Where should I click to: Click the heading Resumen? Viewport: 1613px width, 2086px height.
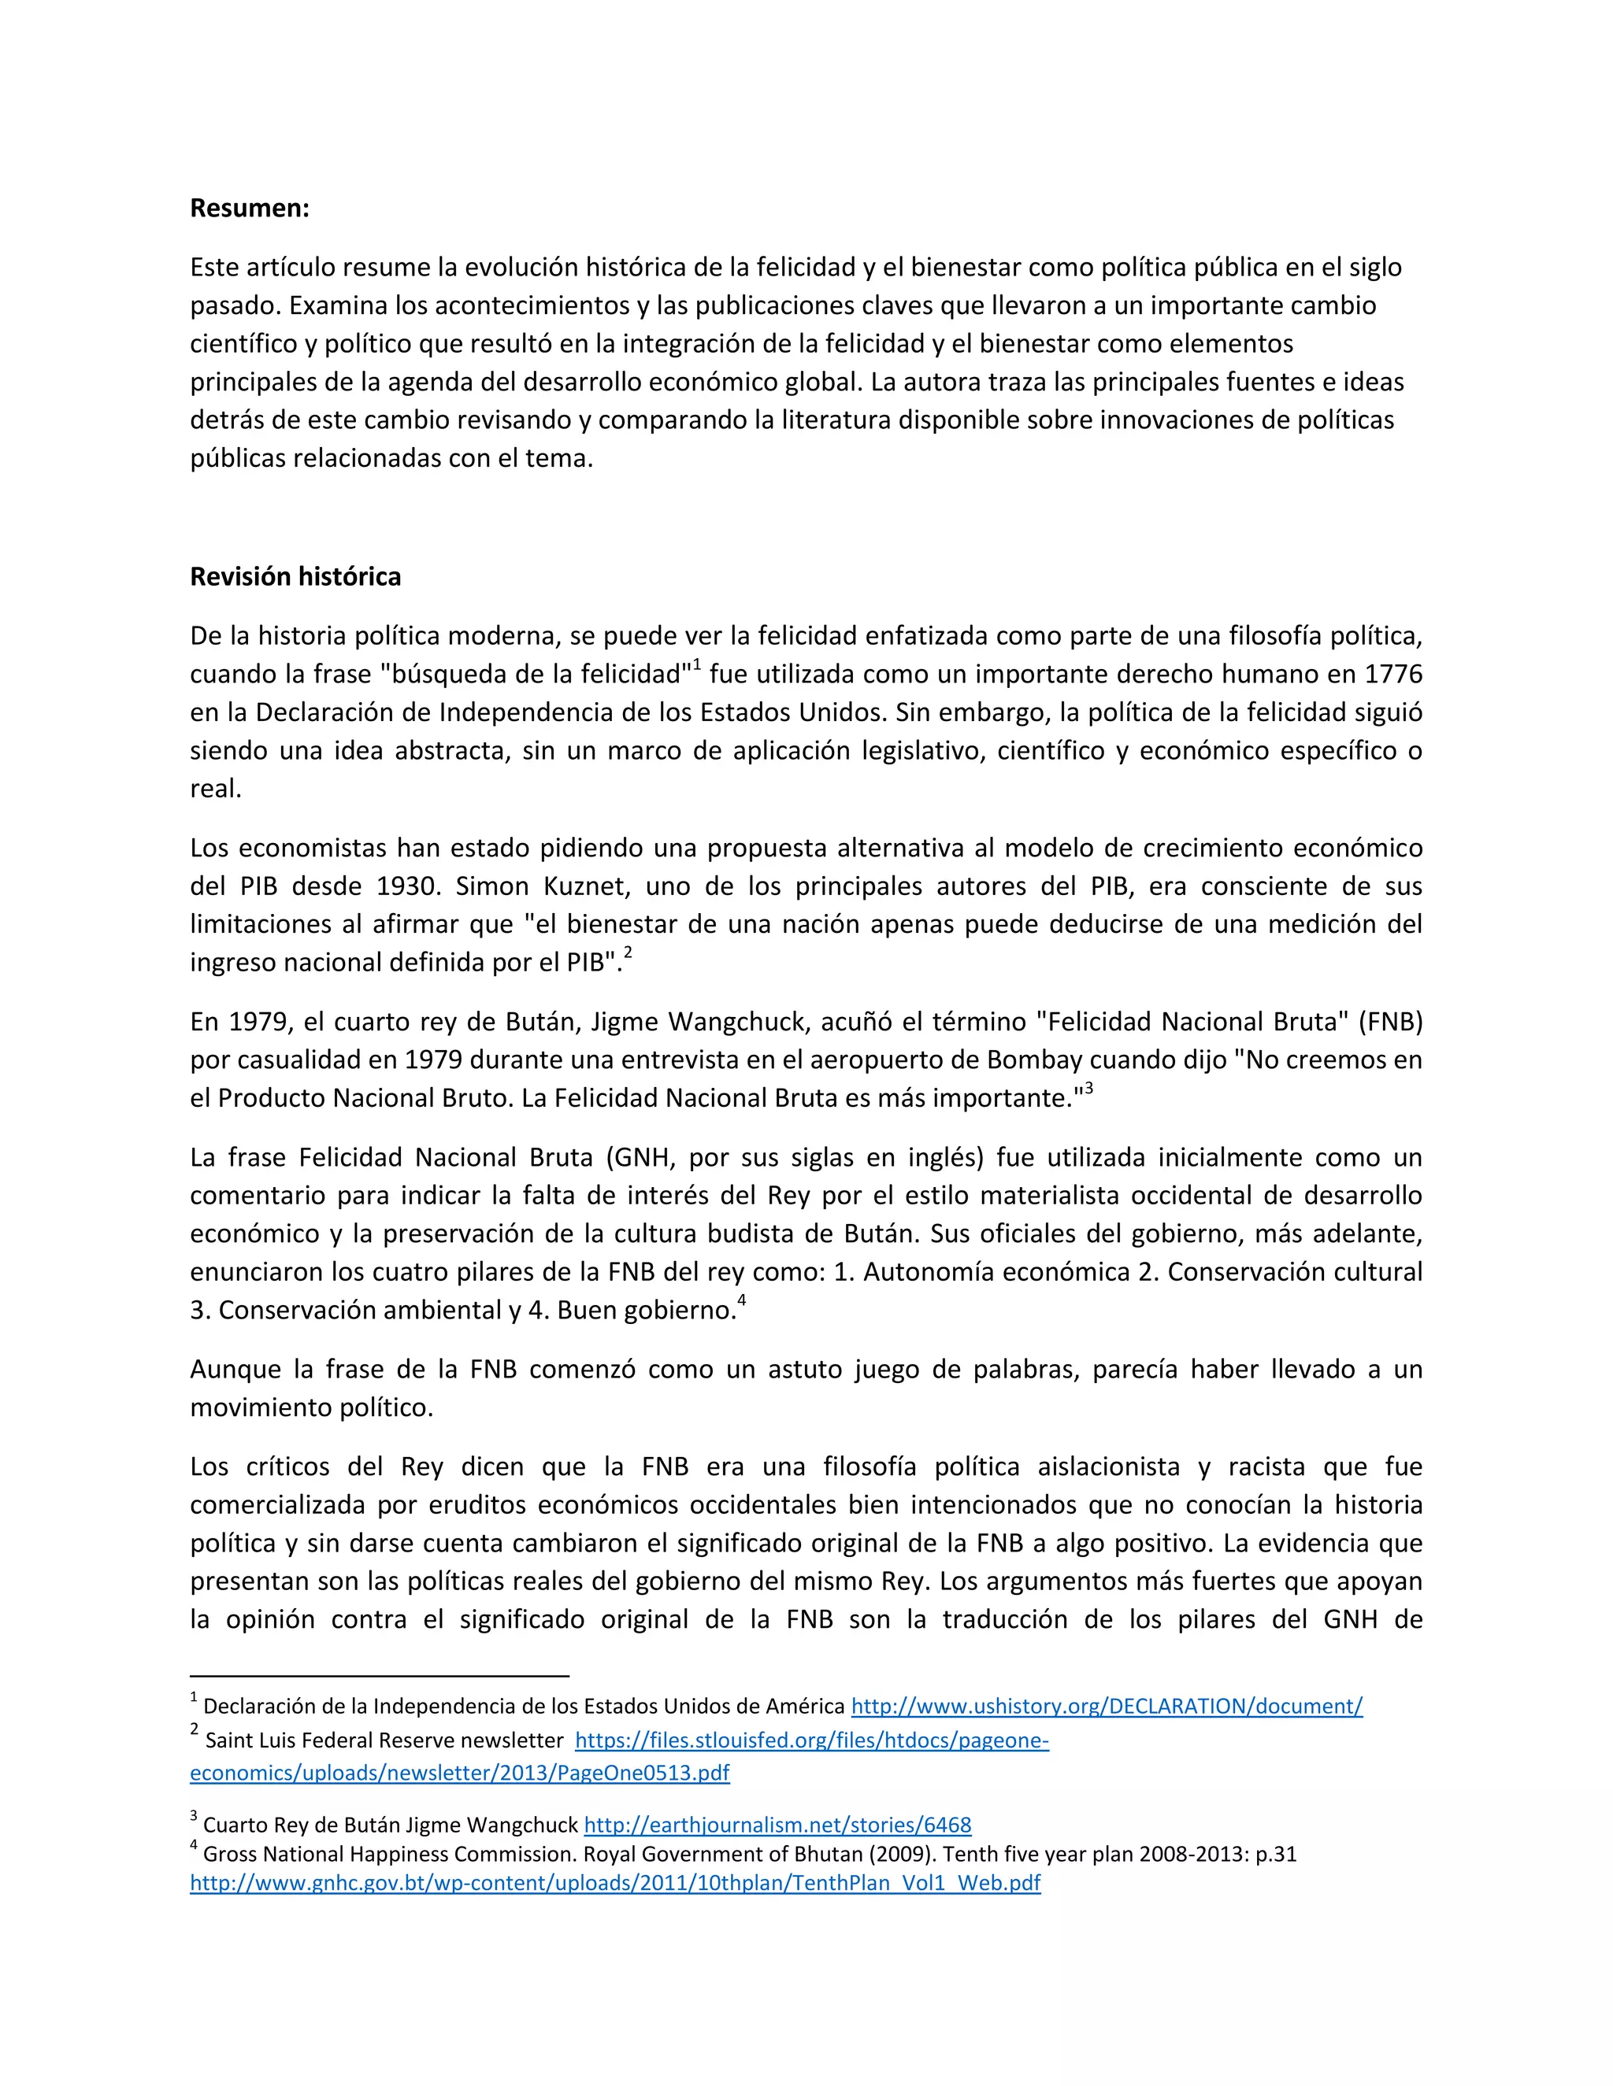(250, 209)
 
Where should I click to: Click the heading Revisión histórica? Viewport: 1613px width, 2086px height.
(295, 577)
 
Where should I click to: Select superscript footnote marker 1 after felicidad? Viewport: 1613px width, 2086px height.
(696, 666)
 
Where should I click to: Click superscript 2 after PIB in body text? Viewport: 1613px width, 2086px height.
(628, 953)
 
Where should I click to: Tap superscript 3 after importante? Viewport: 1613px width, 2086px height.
(1088, 1089)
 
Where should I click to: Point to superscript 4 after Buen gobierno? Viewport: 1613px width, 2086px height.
(741, 1301)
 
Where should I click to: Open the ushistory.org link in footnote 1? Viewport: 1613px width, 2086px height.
(1107, 1707)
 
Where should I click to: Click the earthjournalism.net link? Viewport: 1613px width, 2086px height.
(777, 1825)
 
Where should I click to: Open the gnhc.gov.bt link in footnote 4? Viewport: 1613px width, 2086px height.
(614, 1884)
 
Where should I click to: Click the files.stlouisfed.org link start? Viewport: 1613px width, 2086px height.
(811, 1741)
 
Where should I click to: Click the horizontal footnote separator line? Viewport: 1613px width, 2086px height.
(380, 1676)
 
